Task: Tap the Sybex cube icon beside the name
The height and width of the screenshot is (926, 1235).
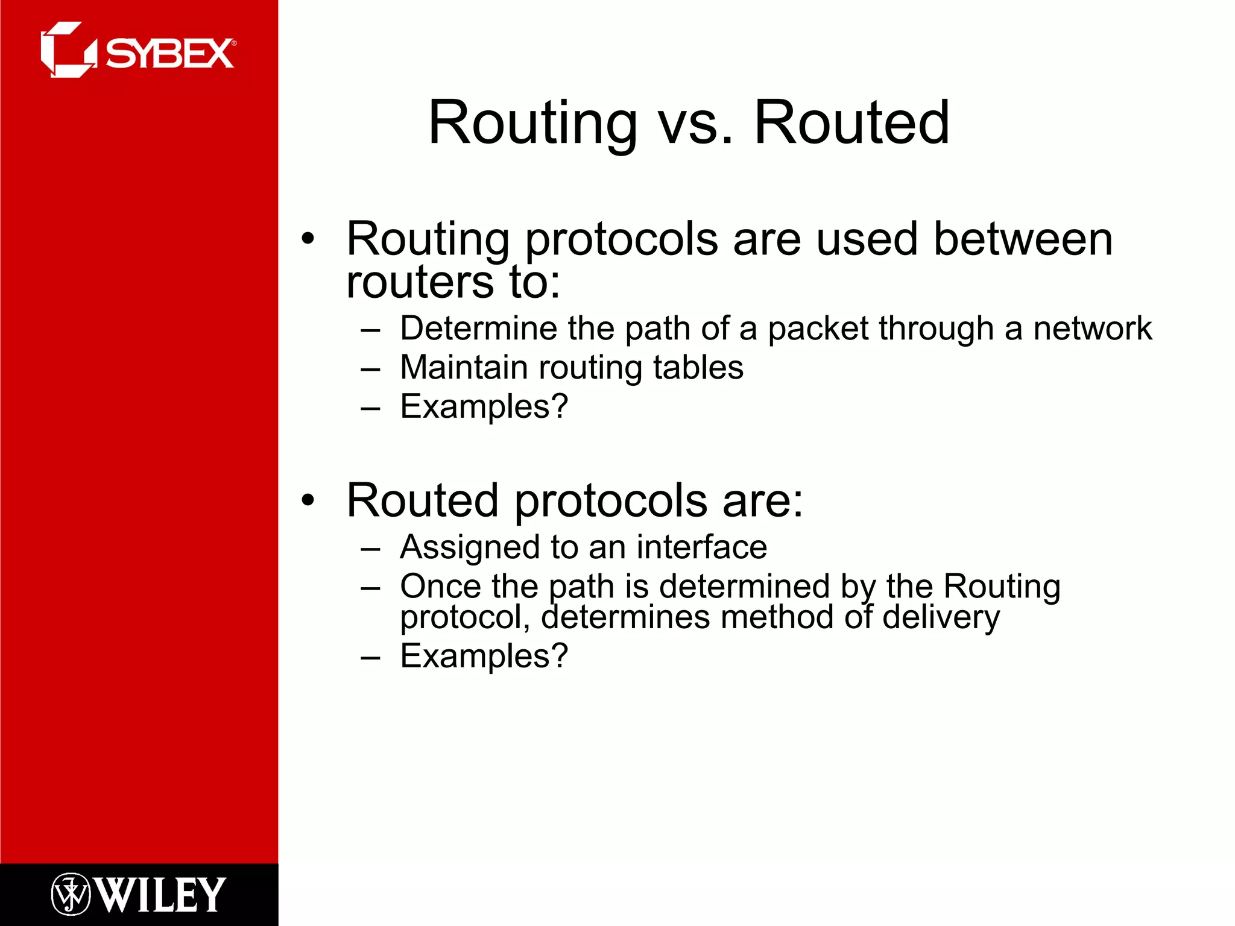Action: click(68, 50)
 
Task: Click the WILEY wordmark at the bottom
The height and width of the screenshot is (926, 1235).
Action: click(160, 895)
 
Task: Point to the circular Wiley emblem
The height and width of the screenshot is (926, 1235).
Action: click(71, 894)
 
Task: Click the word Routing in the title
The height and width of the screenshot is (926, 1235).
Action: click(532, 124)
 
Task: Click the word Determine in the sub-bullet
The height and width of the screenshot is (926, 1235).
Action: click(478, 329)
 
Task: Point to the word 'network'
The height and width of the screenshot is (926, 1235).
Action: click(1092, 329)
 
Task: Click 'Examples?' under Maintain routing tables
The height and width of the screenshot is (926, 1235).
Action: click(484, 406)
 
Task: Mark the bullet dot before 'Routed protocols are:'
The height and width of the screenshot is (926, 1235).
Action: click(308, 500)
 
